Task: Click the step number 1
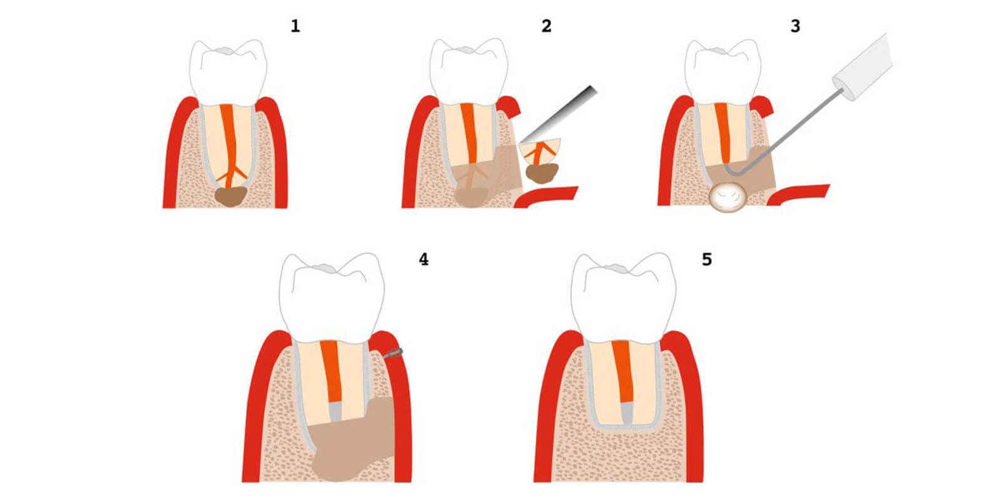pos(295,26)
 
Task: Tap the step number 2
pos(546,26)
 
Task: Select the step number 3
pos(795,26)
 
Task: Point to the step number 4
pos(423,259)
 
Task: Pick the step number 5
pos(707,259)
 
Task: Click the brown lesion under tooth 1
pos(230,197)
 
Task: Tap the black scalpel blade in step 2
pos(559,115)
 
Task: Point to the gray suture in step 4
pos(393,353)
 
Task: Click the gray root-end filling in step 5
pos(627,413)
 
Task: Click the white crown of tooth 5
pos(624,298)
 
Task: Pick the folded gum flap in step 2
pos(545,196)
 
